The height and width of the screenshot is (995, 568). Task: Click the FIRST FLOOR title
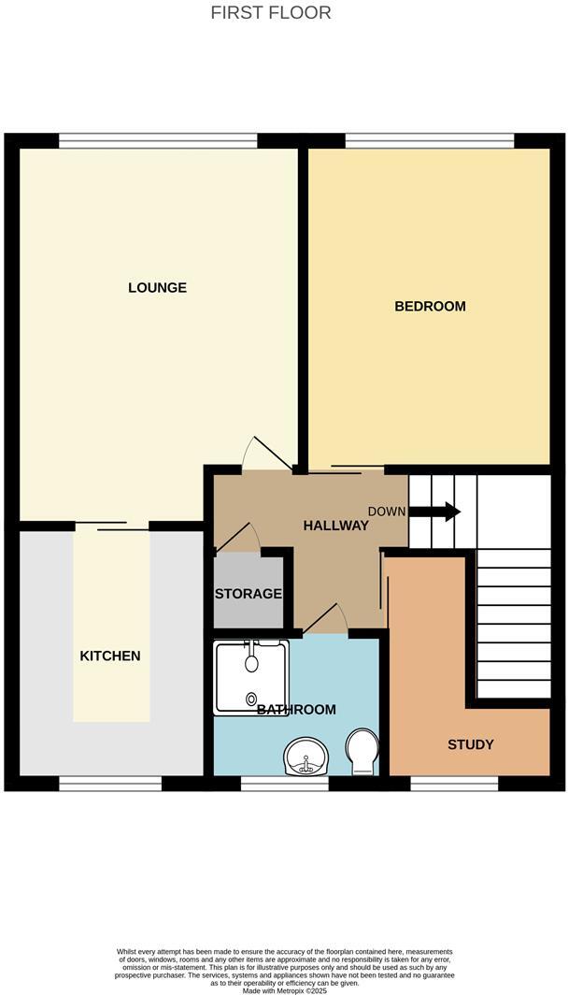(x=271, y=13)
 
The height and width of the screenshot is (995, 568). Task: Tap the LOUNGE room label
(x=157, y=287)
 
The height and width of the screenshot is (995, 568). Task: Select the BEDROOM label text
(x=430, y=306)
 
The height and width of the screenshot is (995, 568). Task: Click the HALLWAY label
(x=335, y=526)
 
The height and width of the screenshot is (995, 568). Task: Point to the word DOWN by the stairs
(x=387, y=512)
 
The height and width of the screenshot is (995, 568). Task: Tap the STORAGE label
(x=248, y=594)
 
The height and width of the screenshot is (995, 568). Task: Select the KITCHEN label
(x=110, y=656)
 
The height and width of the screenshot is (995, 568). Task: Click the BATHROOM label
(x=296, y=710)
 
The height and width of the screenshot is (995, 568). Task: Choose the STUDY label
(x=470, y=744)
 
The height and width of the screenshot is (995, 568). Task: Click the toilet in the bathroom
(x=361, y=751)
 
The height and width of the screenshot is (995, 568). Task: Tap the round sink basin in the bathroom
(x=305, y=756)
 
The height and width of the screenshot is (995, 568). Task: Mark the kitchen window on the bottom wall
(x=110, y=784)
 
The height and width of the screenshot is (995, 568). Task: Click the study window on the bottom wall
(x=453, y=784)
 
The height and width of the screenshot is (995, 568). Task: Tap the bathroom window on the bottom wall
(x=285, y=784)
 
